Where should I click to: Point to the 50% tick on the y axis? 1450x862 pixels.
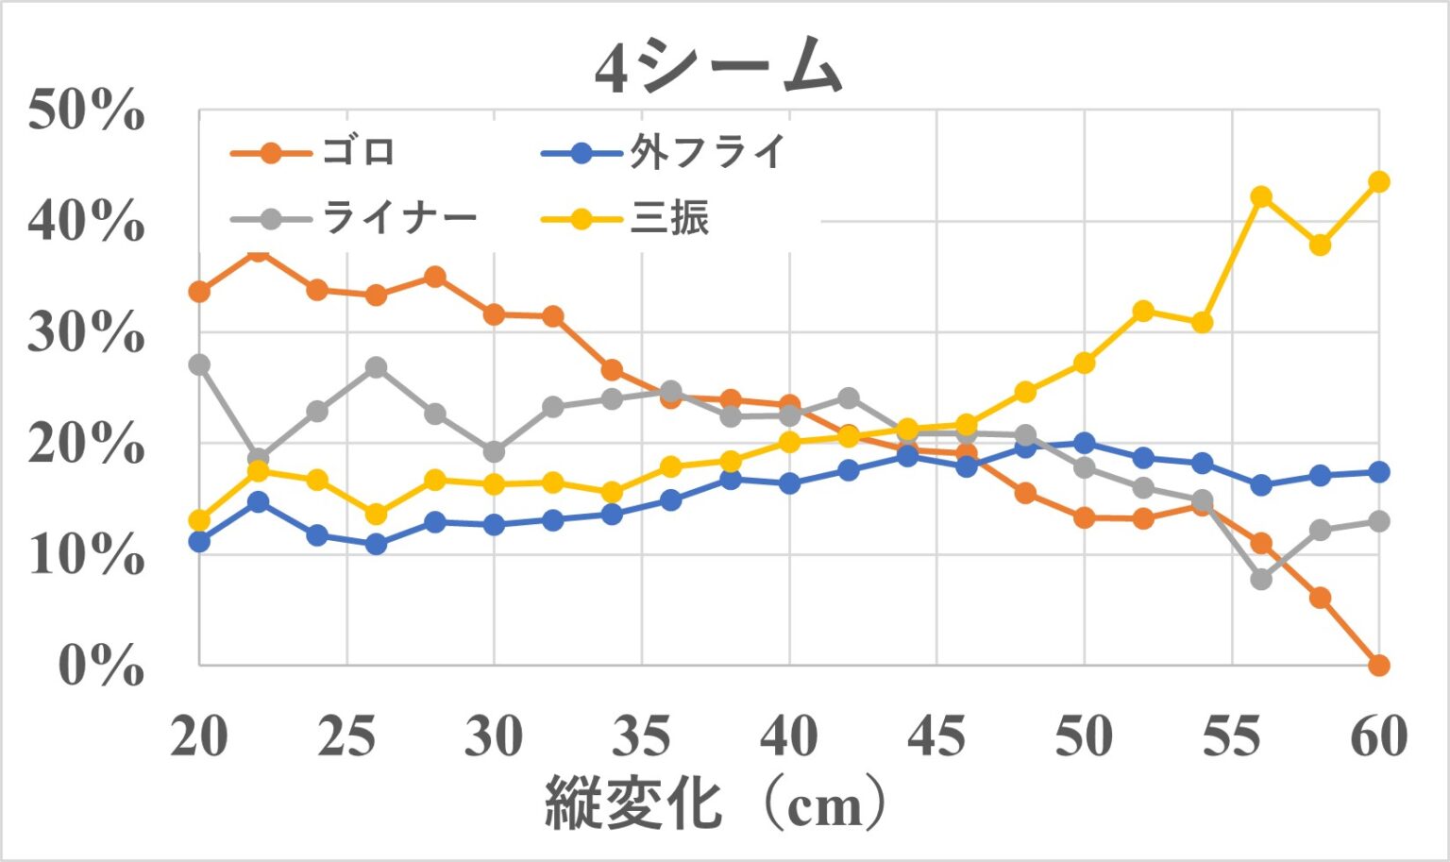click(86, 110)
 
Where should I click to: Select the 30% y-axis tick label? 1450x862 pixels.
click(86, 332)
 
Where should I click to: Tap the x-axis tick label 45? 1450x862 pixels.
click(936, 735)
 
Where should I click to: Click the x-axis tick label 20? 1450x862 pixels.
click(199, 735)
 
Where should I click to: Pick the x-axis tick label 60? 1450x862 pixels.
click(1378, 735)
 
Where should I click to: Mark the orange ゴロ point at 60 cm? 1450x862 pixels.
click(1378, 666)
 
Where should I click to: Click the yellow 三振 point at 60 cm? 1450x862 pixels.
click(1378, 181)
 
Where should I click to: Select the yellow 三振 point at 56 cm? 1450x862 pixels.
click(1260, 196)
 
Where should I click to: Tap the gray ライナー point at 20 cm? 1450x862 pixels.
click(199, 364)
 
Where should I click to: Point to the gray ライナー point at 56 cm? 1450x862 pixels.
click(1260, 579)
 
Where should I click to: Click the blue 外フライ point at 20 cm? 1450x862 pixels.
click(199, 541)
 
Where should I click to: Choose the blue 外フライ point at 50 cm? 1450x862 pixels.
click(1084, 443)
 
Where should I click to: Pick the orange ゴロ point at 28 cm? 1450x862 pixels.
click(435, 277)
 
